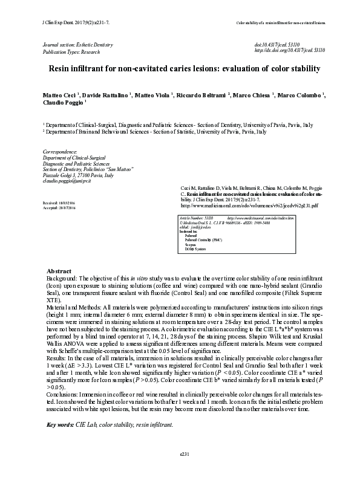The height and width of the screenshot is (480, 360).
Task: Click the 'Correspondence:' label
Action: [x=60, y=151]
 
